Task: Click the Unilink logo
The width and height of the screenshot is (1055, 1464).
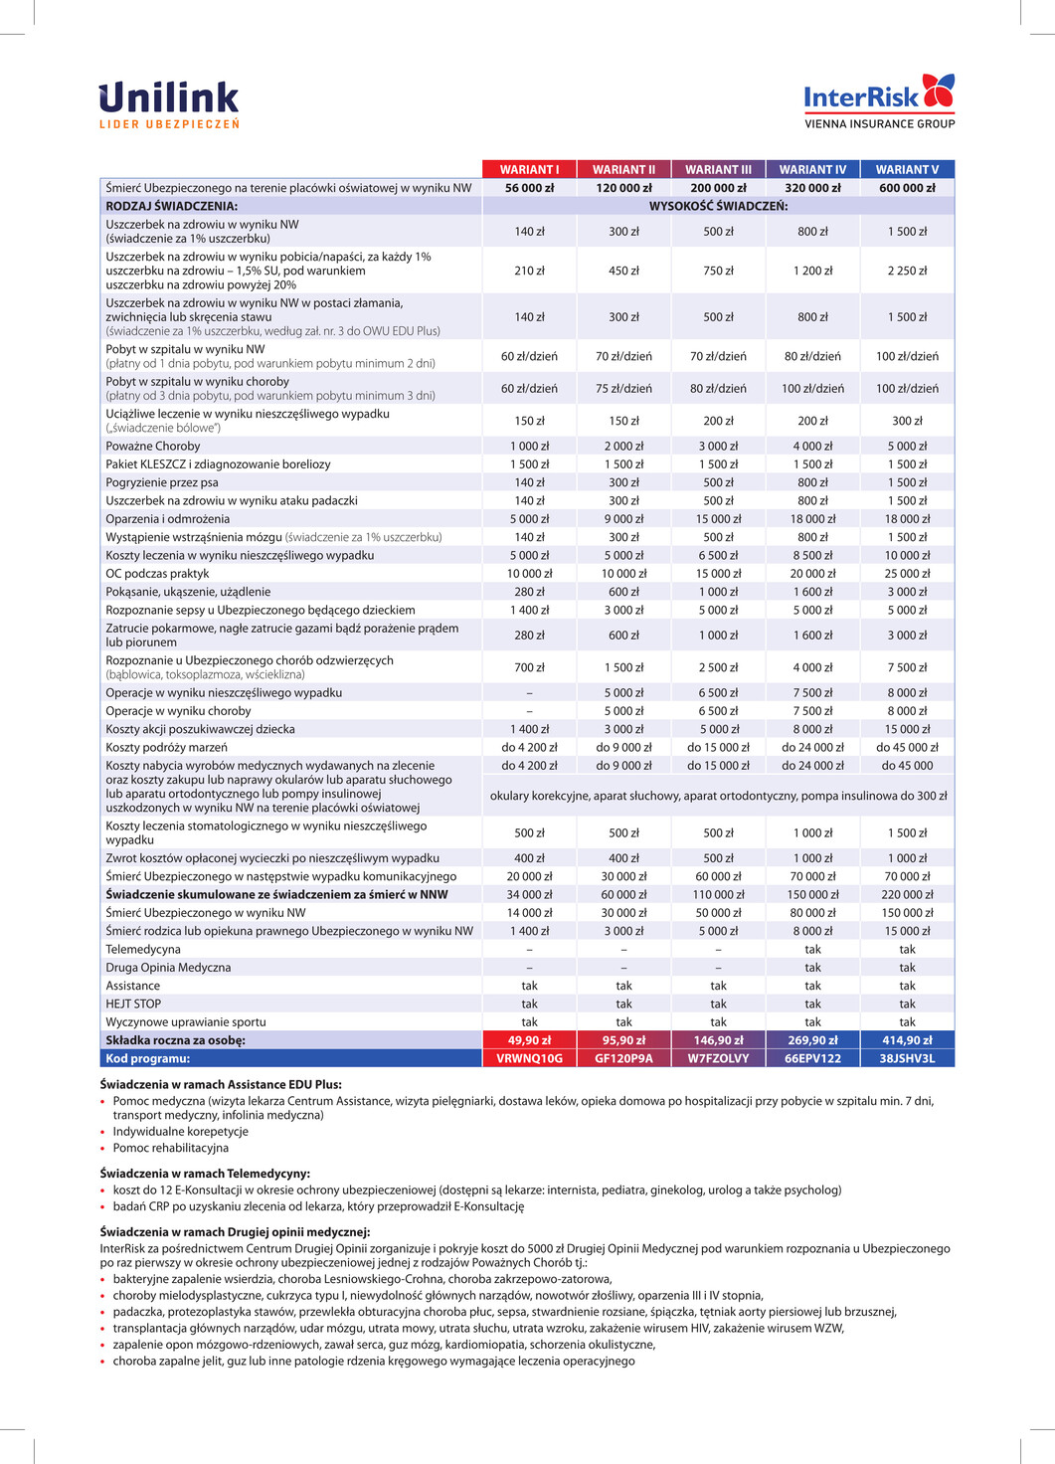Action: point(169,104)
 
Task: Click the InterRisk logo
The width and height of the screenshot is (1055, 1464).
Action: point(879,100)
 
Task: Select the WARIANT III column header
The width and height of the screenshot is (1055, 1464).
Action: point(718,169)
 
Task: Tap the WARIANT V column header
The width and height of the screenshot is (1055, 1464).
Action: point(907,169)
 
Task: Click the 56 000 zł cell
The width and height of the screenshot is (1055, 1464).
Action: point(529,188)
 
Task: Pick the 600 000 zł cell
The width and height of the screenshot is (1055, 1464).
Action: point(907,188)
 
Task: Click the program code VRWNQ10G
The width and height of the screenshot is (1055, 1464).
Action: point(529,1058)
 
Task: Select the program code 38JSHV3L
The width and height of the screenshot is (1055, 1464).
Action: point(907,1058)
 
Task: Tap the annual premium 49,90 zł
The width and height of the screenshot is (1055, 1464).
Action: point(529,1040)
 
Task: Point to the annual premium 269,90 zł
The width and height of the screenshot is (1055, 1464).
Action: point(812,1040)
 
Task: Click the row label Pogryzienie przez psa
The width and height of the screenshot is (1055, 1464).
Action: point(162,482)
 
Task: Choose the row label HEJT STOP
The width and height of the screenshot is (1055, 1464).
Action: point(133,1004)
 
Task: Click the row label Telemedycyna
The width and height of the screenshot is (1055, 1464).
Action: point(143,949)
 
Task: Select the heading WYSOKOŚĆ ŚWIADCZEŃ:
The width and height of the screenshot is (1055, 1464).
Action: point(718,206)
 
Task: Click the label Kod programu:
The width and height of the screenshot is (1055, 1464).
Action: point(147,1058)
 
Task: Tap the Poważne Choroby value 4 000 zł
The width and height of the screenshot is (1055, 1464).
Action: point(812,447)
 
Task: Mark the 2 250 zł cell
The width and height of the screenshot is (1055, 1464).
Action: point(907,271)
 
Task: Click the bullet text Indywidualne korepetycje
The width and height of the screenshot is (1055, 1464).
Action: point(180,1132)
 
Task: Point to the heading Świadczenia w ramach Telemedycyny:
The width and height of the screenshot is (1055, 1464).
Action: point(205,1174)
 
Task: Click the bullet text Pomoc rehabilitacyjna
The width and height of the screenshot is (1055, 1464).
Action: point(170,1148)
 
